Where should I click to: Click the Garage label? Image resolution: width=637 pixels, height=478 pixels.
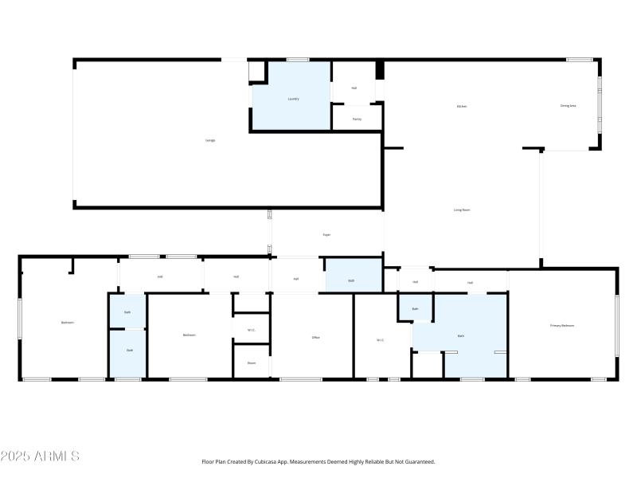coord(210,140)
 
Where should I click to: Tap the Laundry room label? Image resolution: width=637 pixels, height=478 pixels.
coord(293,99)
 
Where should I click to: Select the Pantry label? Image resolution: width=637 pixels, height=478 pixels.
coord(357,119)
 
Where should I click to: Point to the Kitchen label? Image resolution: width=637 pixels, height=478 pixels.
coord(461,106)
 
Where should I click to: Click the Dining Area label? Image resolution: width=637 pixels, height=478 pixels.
coord(568,105)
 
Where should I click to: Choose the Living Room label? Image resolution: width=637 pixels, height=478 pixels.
coord(462,210)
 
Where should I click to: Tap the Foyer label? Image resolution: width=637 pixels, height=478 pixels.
coord(326,234)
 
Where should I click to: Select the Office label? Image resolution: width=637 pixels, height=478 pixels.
coord(315,338)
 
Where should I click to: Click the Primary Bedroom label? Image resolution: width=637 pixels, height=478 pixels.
coord(562,326)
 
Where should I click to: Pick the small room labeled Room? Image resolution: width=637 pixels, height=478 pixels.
coord(251,362)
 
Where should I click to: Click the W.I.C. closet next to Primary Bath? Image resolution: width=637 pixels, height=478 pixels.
coord(381,340)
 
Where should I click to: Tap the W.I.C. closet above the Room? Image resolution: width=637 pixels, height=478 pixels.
coord(251,330)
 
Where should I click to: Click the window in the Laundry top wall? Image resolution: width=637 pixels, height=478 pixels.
coord(298,60)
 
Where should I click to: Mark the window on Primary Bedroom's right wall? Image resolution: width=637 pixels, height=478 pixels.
coord(616,325)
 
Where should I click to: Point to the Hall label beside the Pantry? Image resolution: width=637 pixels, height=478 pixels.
coord(354,88)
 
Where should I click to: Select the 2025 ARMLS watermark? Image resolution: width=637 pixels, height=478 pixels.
coord(40,456)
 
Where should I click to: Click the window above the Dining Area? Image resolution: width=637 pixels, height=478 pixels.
coord(579,60)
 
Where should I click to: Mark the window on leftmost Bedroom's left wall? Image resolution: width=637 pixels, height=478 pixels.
coord(21,323)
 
